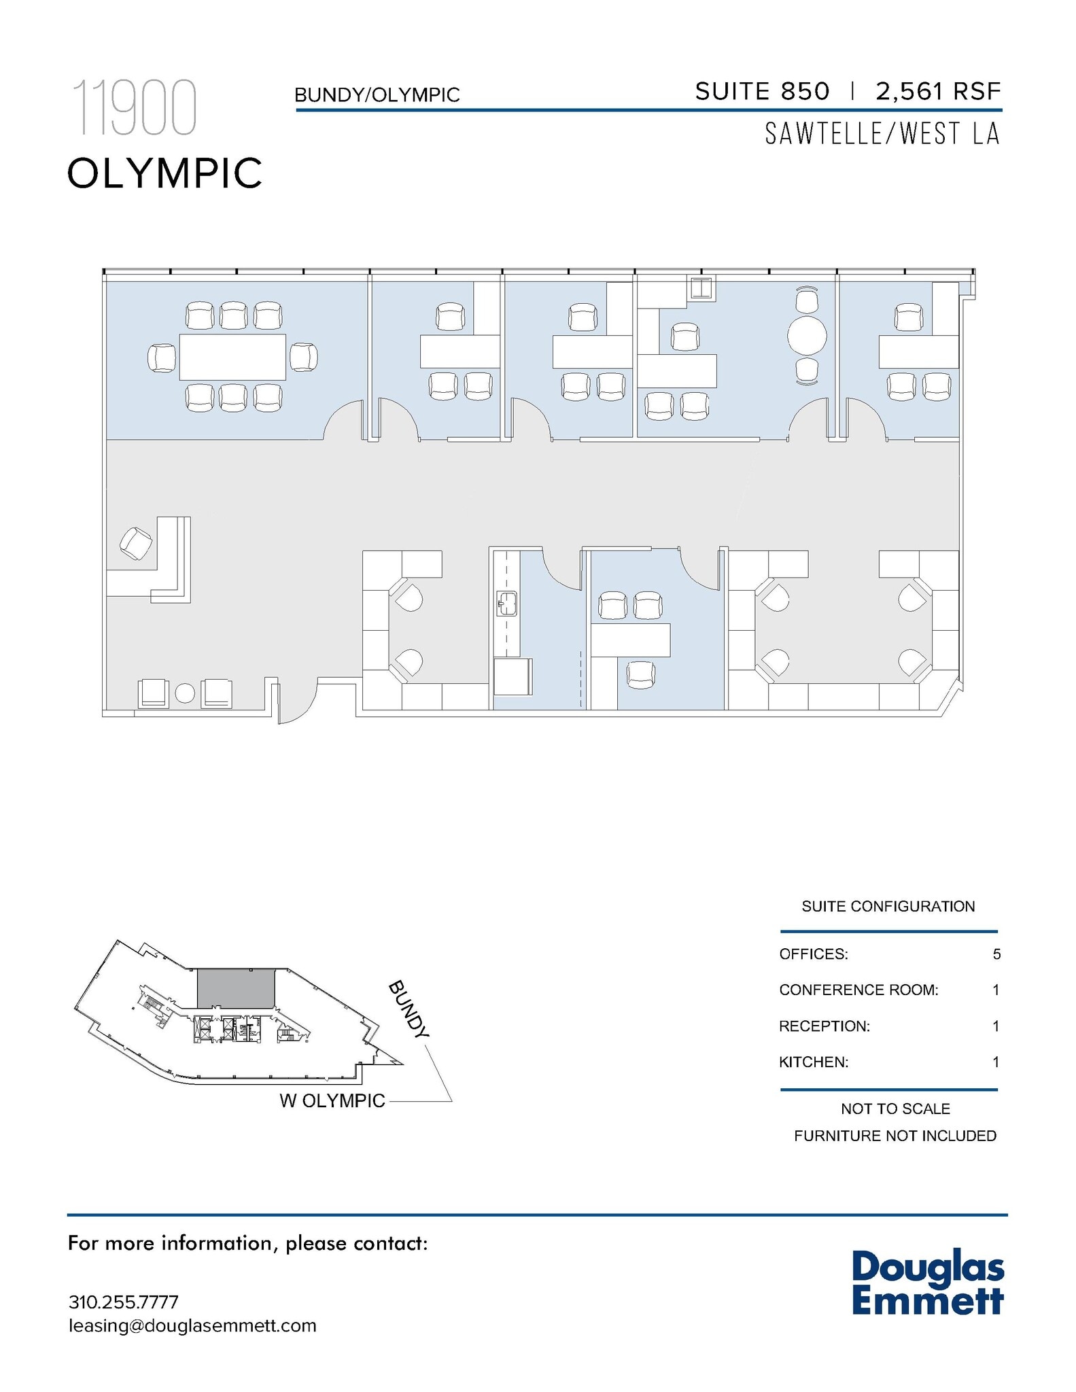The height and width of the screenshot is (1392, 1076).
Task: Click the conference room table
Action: click(x=232, y=357)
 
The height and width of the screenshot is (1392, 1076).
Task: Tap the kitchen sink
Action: click(x=506, y=603)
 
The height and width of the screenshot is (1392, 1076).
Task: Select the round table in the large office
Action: click(x=807, y=335)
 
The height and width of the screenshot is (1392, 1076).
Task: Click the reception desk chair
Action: click(x=135, y=543)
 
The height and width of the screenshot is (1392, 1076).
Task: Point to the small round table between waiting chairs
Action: click(x=185, y=694)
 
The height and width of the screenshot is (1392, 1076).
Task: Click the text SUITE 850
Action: click(x=762, y=91)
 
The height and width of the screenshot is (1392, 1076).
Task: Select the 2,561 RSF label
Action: click(x=938, y=91)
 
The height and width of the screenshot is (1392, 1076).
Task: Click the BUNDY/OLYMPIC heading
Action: click(x=377, y=95)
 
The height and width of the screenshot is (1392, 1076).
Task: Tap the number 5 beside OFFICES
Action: click(x=996, y=954)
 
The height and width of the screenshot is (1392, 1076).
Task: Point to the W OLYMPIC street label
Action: click(x=332, y=1100)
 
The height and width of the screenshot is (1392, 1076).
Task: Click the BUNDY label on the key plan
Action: click(x=409, y=1009)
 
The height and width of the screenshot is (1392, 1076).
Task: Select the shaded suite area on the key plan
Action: click(x=236, y=989)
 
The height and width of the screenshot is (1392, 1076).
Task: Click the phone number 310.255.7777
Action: click(x=124, y=1302)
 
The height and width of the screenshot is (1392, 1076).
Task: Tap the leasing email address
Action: click(x=192, y=1326)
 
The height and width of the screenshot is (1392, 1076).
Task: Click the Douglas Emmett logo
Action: click(x=928, y=1283)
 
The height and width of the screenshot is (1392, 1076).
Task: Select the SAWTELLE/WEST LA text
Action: click(x=882, y=134)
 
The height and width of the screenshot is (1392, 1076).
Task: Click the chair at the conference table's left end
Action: click(x=162, y=358)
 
